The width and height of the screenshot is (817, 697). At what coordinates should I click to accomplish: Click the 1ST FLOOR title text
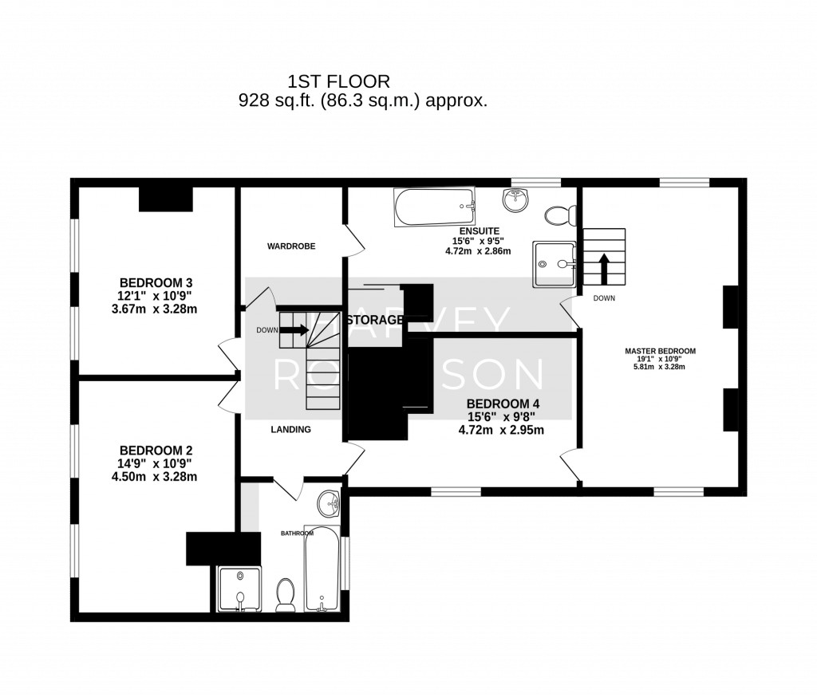tap(339, 81)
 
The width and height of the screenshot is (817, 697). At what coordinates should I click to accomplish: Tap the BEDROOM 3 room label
tap(156, 282)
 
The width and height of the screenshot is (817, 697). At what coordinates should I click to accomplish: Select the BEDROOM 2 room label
tap(156, 449)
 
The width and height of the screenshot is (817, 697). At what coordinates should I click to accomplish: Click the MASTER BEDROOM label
tap(660, 351)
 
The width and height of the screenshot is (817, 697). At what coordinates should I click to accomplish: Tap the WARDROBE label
tap(291, 246)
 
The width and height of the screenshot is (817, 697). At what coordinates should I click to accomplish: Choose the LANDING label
tap(290, 429)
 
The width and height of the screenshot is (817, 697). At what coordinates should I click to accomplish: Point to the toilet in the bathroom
tap(286, 595)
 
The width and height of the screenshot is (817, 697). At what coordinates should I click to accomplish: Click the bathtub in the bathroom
tap(322, 567)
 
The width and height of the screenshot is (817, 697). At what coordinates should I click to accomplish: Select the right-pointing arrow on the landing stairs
tap(294, 330)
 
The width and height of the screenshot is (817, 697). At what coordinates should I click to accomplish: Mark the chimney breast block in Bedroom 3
tap(166, 199)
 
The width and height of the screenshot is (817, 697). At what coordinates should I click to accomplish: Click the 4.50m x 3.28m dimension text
tap(156, 477)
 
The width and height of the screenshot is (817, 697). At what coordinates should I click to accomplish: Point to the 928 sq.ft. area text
tap(363, 101)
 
